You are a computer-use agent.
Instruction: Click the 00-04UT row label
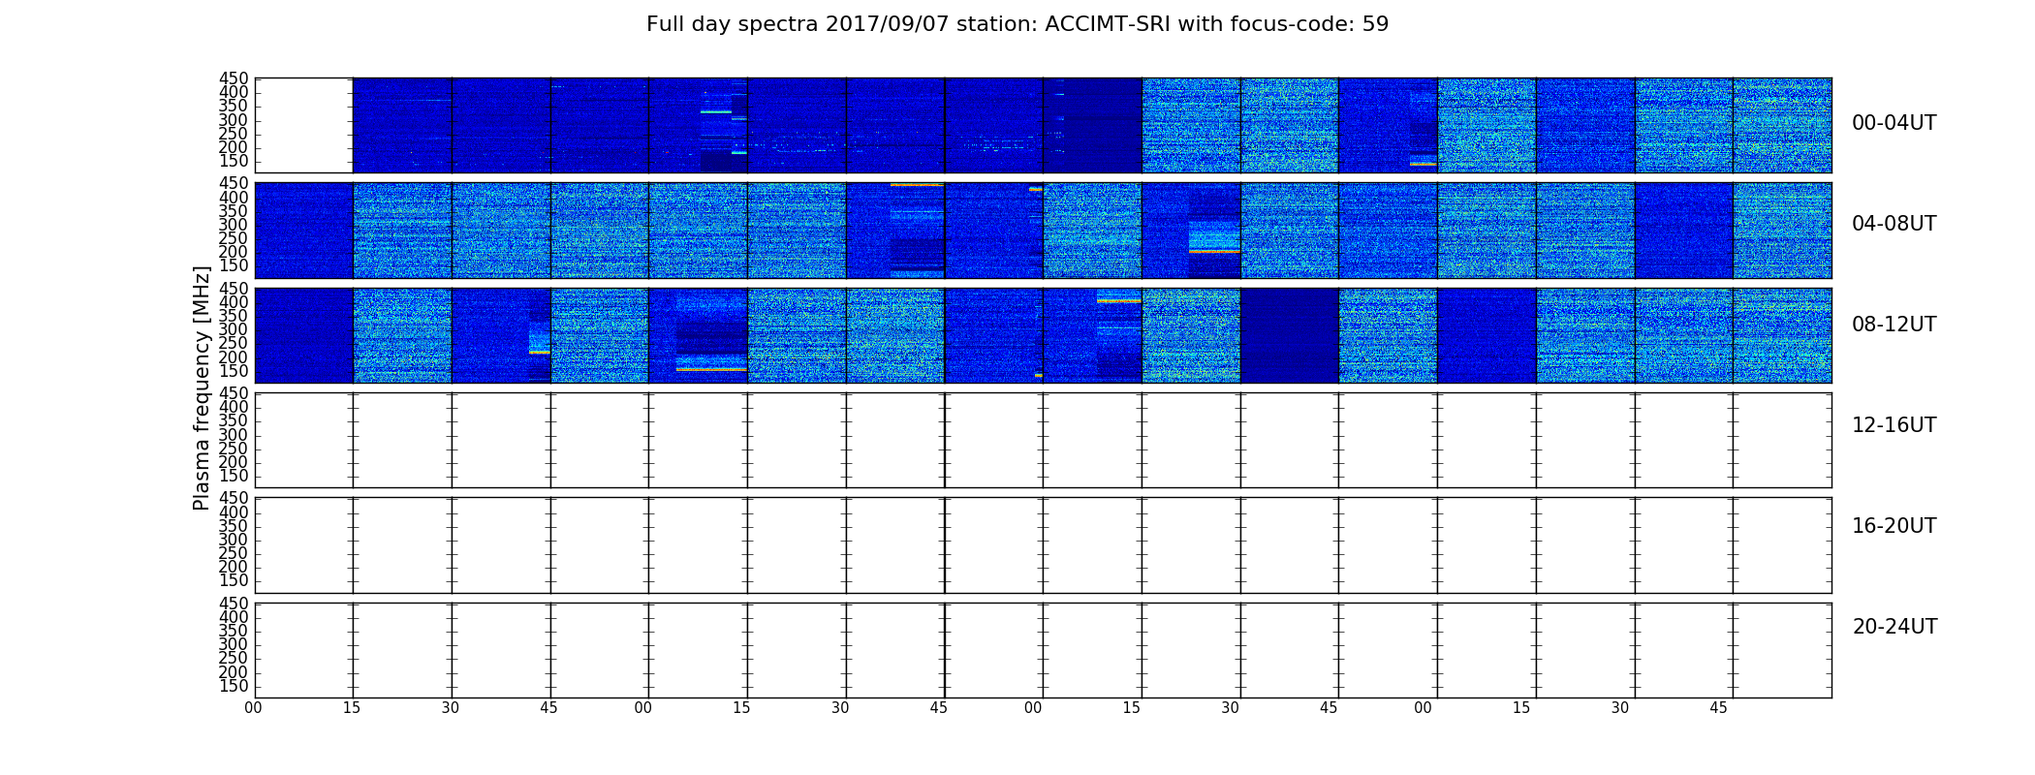point(1894,123)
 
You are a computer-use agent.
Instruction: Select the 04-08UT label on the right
point(1894,224)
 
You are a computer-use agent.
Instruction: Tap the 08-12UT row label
point(1894,325)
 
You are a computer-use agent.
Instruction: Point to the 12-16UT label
point(1894,425)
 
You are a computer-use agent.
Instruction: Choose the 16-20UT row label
point(1894,526)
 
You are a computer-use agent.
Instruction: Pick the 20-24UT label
point(1894,627)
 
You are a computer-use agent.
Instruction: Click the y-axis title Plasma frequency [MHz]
point(202,387)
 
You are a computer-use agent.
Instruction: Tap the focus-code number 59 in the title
point(1376,24)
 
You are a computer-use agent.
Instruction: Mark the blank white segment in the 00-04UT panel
point(304,125)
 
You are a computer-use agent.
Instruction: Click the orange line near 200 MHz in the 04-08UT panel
point(1214,252)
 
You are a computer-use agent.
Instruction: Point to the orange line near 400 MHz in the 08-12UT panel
point(1119,300)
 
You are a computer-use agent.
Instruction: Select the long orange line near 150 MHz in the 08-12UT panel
point(712,369)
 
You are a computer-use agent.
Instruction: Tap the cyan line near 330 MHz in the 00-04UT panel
point(716,112)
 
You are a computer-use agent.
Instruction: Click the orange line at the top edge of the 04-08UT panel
point(917,184)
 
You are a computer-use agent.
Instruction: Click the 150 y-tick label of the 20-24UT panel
point(234,686)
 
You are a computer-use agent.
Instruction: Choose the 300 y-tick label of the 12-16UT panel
point(234,434)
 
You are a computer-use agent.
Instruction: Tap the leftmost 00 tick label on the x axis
point(253,708)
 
